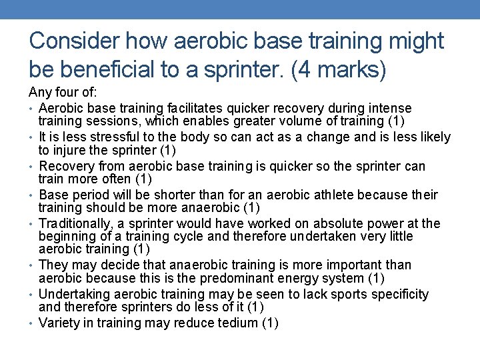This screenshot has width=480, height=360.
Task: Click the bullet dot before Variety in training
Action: [x=32, y=323]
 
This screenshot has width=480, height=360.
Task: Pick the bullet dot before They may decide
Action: [x=32, y=265]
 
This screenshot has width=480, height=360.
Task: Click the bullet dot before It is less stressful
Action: [x=32, y=137]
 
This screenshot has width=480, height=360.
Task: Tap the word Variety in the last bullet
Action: [x=57, y=323]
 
